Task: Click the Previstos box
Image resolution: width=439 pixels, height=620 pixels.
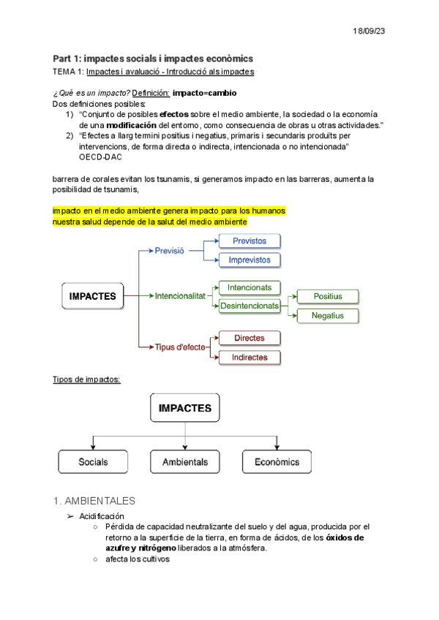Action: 249,241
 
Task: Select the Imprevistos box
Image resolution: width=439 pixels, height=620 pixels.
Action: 249,260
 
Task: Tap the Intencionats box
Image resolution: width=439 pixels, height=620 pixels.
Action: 249,288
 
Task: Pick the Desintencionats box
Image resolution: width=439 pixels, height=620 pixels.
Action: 249,306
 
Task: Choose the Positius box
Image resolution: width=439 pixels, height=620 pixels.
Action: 328,296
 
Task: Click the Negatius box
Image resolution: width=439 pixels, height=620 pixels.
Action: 328,316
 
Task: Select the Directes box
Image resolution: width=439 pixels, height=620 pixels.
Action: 249,339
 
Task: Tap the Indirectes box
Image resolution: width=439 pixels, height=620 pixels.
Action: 249,358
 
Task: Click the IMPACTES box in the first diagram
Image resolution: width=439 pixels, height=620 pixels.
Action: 92,296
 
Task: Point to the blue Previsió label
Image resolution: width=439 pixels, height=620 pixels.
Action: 170,251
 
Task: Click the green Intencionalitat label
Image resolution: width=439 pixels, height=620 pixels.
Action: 180,296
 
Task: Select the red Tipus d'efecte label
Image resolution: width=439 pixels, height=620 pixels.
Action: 180,347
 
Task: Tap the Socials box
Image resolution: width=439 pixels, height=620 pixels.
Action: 93,462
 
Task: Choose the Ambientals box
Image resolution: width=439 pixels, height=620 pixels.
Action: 185,462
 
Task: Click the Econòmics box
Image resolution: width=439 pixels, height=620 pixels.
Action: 277,462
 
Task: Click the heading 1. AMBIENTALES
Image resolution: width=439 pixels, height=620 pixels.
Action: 94,502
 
